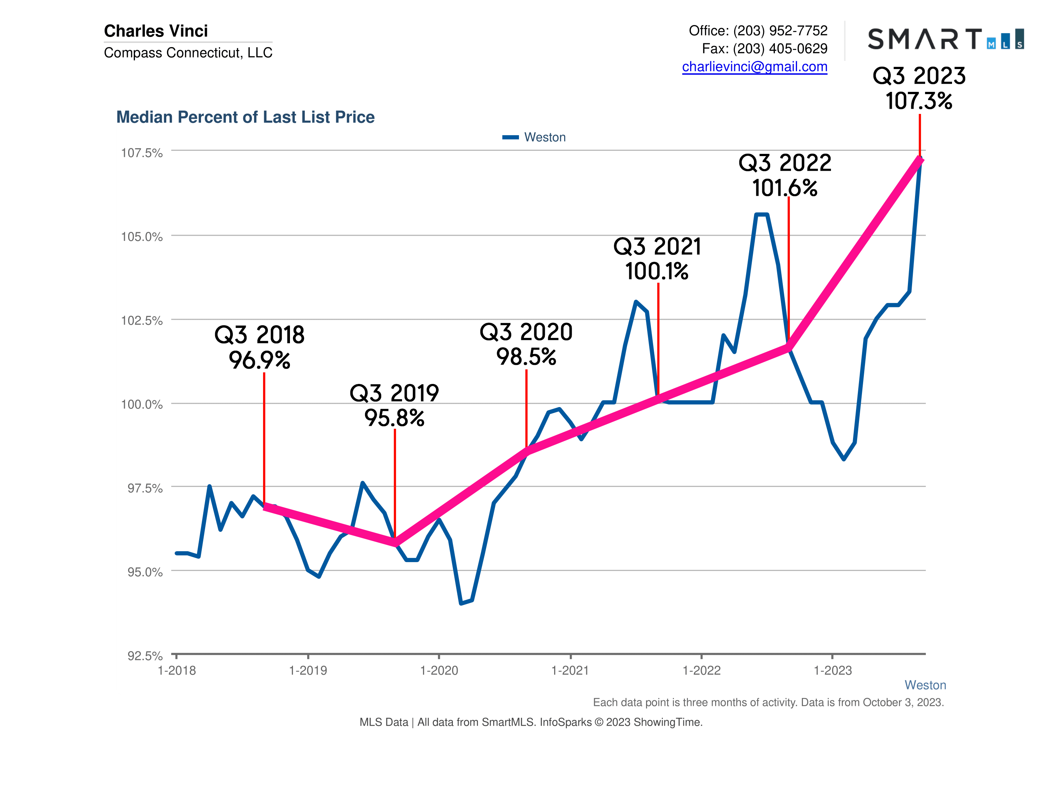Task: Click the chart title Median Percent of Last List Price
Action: pos(245,117)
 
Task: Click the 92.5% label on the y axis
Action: pos(145,656)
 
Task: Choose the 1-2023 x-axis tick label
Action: pos(832,671)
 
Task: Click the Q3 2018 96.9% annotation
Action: pos(260,347)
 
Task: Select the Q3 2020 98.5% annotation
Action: pos(526,344)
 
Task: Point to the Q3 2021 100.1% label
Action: pos(657,259)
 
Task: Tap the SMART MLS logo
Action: pos(945,39)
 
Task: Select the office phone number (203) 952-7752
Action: pos(780,31)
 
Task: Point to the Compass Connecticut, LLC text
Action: pos(188,53)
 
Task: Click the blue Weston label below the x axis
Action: pos(925,685)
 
